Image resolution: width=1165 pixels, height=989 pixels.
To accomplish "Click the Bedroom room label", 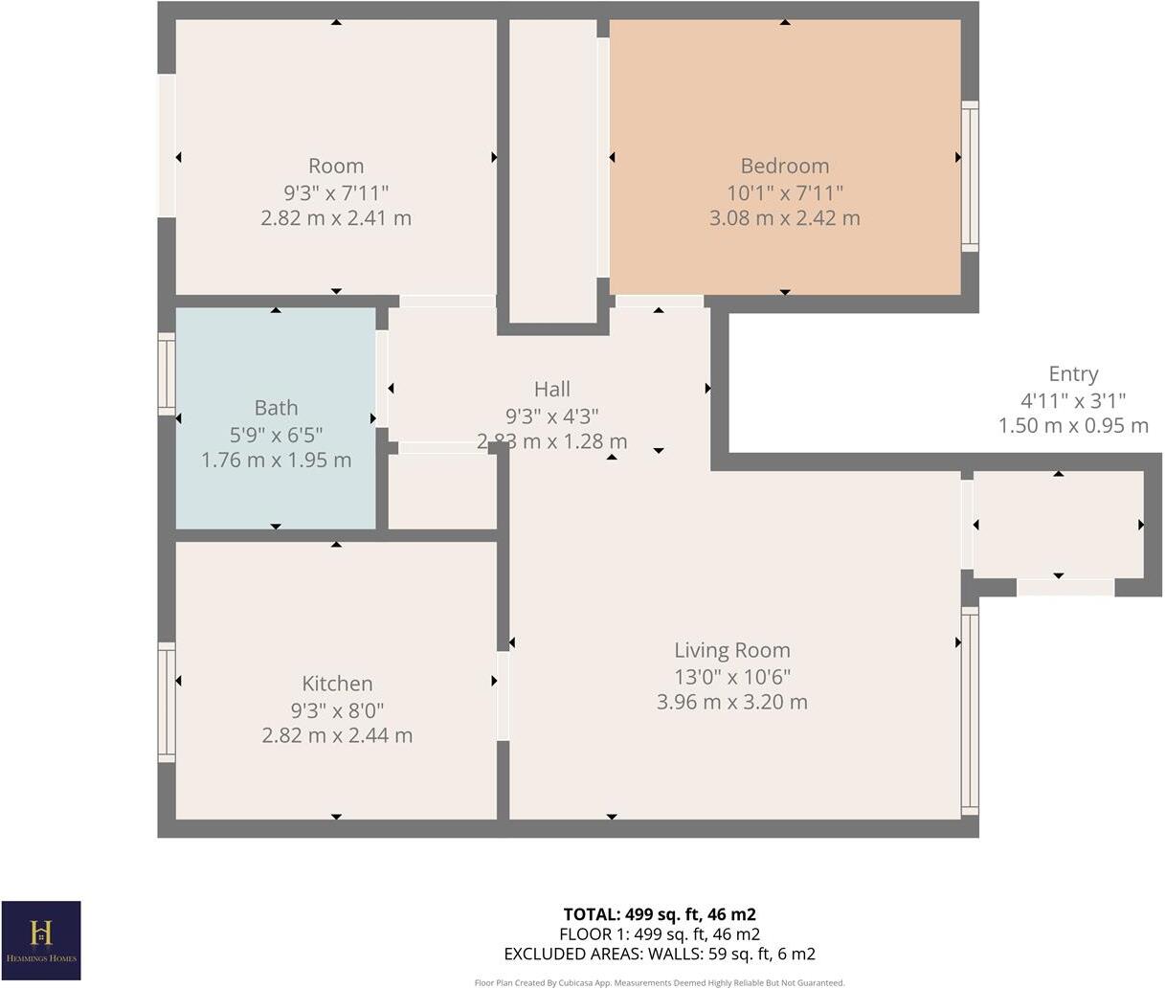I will click(x=784, y=166).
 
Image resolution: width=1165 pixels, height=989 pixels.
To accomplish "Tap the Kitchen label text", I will click(x=337, y=684).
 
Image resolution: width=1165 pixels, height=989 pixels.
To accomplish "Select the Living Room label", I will click(x=731, y=651).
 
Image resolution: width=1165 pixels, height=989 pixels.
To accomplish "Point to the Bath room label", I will click(x=276, y=409).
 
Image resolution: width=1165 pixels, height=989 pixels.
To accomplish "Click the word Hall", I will click(x=552, y=389).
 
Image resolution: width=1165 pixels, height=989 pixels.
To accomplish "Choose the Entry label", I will click(x=1073, y=374).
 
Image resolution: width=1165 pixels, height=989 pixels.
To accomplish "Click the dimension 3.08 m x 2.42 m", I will click(x=784, y=218).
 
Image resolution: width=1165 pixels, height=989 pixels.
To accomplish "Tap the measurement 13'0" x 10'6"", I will click(x=731, y=677).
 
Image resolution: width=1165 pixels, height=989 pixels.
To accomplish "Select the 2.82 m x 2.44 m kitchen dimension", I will click(x=337, y=735).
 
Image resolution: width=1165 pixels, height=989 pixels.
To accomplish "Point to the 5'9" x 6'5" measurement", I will click(x=276, y=435).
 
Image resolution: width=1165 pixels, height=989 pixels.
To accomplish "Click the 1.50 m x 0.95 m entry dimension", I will click(x=1073, y=426).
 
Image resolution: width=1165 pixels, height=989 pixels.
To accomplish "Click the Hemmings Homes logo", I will click(x=41, y=940).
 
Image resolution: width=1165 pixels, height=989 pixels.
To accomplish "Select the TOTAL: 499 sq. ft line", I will click(x=660, y=914).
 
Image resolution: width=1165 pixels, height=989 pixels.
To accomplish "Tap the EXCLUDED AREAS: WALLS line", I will click(x=660, y=954).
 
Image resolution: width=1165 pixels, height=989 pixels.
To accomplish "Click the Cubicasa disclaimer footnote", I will click(x=660, y=982).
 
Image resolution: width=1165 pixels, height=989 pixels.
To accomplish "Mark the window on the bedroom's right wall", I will click(x=970, y=176).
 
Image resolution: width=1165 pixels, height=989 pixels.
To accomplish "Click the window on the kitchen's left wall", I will click(x=167, y=703).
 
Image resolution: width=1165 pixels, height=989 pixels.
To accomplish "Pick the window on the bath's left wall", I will click(x=167, y=374).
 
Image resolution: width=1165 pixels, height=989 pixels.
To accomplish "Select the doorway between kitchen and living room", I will click(x=503, y=695).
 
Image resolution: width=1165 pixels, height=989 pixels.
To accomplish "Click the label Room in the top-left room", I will click(x=336, y=166).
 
